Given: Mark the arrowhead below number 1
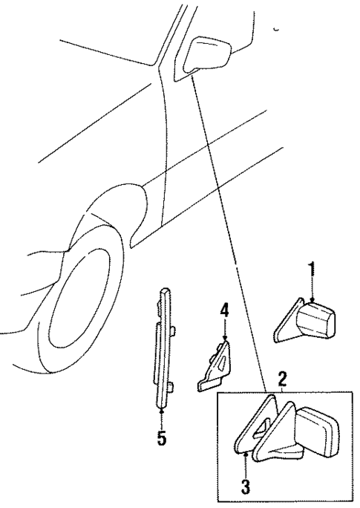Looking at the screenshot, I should pos(312,298).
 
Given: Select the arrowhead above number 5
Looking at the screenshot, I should pos(160,408).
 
